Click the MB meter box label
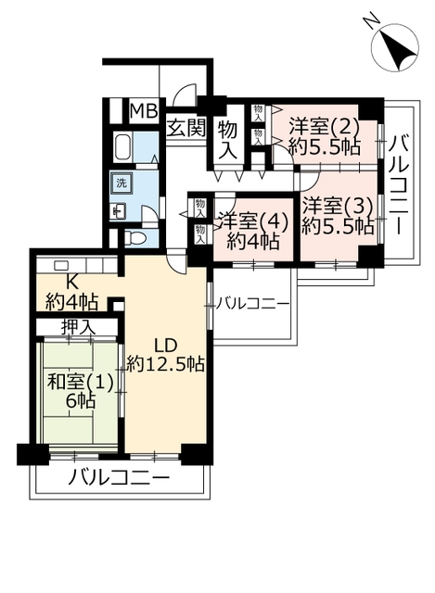[144, 111]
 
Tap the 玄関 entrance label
[186, 128]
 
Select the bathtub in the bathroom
[123, 146]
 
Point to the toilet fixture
[135, 238]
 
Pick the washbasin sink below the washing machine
[118, 210]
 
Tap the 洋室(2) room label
[324, 127]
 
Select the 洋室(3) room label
[338, 207]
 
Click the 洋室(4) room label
[253, 221]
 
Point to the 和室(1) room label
[81, 383]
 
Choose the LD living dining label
[165, 345]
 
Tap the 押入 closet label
[78, 327]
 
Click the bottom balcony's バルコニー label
[119, 478]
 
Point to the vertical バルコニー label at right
[400, 185]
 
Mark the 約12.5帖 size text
[165, 364]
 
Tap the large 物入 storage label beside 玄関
[227, 140]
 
